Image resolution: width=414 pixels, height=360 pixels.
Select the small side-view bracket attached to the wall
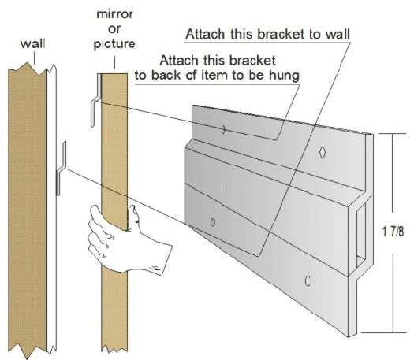point(61,168)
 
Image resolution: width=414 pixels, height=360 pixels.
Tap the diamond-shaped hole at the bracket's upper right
point(324,151)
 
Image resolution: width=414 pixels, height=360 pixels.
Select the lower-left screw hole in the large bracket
point(213,221)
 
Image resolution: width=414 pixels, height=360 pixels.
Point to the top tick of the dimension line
point(392,133)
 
